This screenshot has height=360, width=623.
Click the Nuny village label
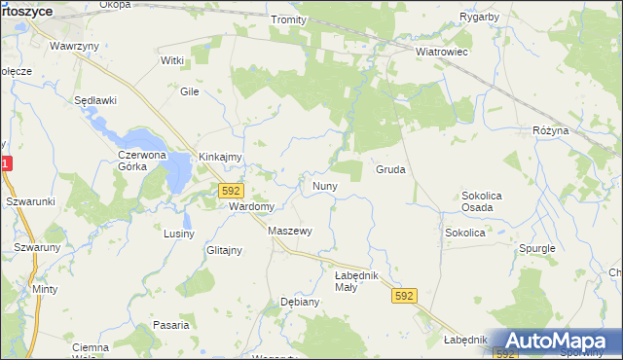click(324, 185)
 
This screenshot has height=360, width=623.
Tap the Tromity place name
click(288, 19)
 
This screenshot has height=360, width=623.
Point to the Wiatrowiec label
click(442, 51)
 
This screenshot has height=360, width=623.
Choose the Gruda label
click(390, 169)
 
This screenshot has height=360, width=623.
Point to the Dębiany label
click(300, 302)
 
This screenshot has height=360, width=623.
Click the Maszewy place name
click(289, 231)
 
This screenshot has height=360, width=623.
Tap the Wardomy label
click(251, 206)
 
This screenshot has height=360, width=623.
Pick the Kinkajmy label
click(220, 157)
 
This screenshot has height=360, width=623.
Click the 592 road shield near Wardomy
click(231, 191)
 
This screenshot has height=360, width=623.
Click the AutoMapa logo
click(556, 342)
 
